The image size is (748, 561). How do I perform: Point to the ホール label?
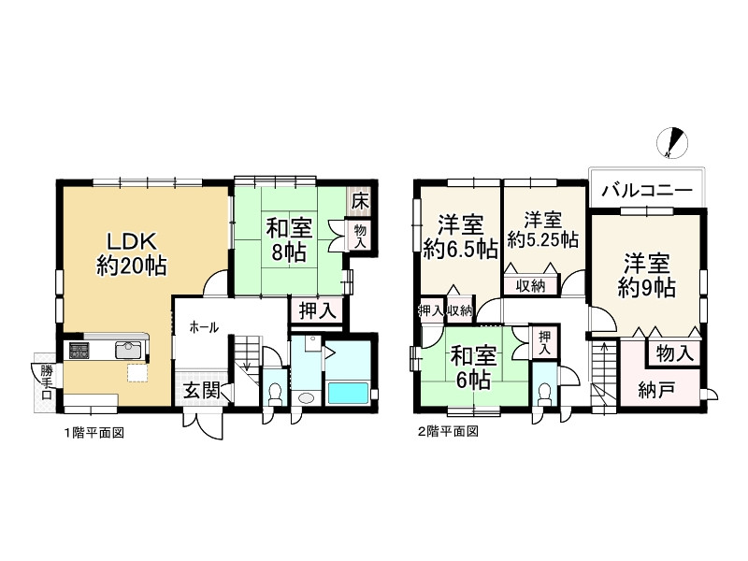pyautogui.click(x=204, y=327)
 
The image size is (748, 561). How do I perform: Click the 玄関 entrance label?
pyautogui.click(x=200, y=391)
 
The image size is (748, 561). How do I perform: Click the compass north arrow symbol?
pyautogui.click(x=672, y=141)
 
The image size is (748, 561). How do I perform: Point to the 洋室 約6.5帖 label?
pyautogui.click(x=459, y=237)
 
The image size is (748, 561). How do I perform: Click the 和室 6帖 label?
pyautogui.click(x=474, y=367)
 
